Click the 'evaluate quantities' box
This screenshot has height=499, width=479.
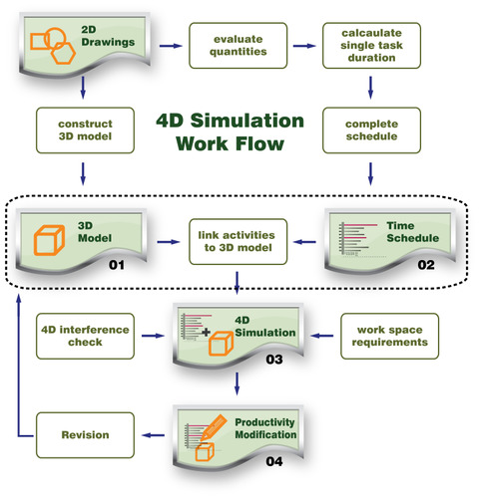tap(239, 46)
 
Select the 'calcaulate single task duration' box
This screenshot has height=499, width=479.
tap(371, 46)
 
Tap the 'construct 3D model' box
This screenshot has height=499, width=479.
tap(85, 130)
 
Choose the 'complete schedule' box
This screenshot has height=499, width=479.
tap(371, 130)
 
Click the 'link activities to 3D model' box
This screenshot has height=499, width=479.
tap(239, 242)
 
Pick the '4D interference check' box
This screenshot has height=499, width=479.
tap(85, 336)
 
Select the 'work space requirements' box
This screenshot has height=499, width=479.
tap(390, 336)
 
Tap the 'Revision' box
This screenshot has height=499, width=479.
tap(85, 435)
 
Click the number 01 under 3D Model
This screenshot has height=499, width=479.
tap(117, 265)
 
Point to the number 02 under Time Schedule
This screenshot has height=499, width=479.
tap(426, 265)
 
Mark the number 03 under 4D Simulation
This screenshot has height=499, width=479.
tap(274, 360)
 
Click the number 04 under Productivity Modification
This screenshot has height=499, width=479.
tap(274, 461)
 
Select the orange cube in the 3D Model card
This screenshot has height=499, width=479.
tap(49, 240)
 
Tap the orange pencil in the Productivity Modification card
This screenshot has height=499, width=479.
tap(214, 428)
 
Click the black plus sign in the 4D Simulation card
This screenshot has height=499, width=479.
tap(207, 332)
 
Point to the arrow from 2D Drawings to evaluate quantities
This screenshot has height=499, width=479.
tap(171, 46)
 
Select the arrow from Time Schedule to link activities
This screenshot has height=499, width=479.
tap(305, 242)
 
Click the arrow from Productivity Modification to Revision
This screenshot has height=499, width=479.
tap(153, 435)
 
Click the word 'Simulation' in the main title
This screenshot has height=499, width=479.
tap(247, 121)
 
